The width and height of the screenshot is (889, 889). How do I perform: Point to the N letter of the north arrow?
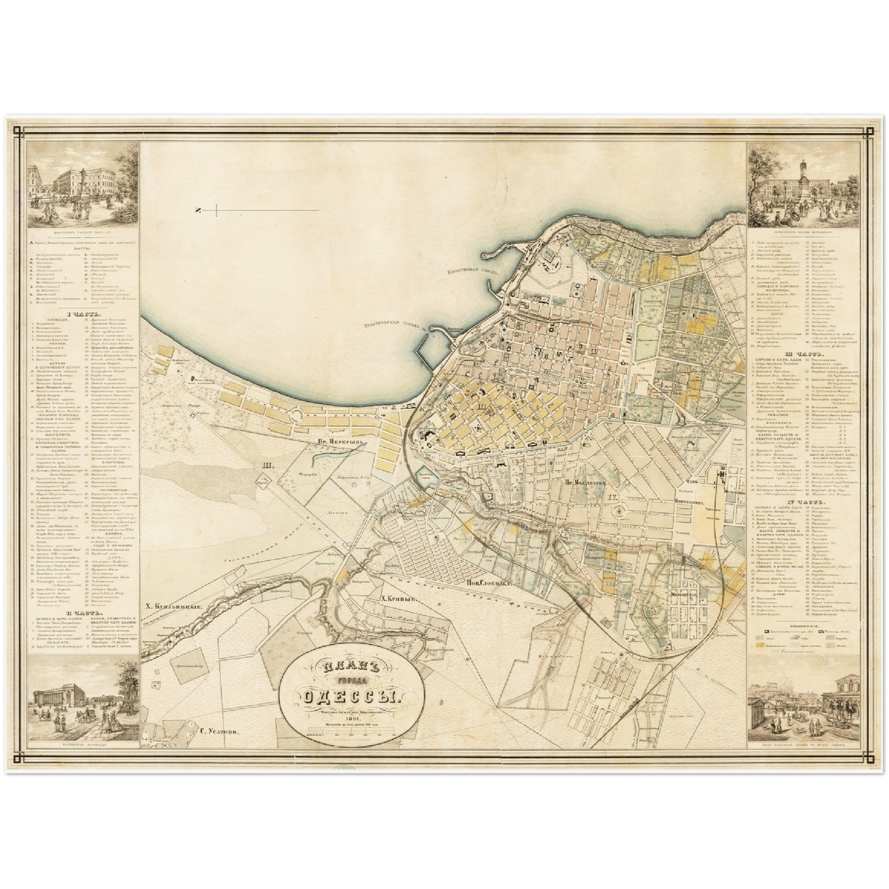pyautogui.click(x=199, y=212)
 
